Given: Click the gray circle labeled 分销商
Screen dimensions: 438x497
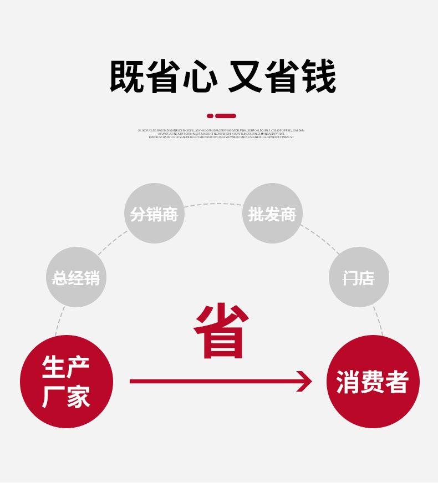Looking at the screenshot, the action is (x=154, y=214).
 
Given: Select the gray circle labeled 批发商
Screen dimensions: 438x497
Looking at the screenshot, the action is (x=272, y=214).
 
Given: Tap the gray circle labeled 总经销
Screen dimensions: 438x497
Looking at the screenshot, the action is (x=76, y=277).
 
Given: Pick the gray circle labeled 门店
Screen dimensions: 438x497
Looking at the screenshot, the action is (x=359, y=277).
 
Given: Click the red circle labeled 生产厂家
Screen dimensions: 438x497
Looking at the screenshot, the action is (x=67, y=382).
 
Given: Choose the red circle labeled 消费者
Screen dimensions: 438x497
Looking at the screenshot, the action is (x=373, y=382).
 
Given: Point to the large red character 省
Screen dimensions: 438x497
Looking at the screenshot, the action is (x=220, y=331).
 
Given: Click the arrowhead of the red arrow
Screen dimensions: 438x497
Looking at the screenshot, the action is (x=304, y=381).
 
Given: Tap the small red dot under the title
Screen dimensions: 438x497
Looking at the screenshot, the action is (x=210, y=116).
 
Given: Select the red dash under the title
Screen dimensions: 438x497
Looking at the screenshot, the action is (x=226, y=116).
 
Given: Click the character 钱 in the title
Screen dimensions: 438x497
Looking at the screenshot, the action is (x=318, y=77).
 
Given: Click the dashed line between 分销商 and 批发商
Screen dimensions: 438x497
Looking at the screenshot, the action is (x=213, y=205).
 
